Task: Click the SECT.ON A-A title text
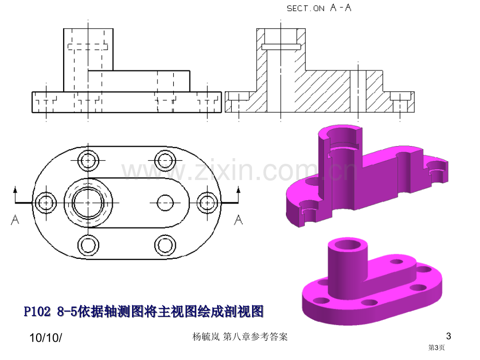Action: point(319,8)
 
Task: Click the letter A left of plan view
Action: point(15,220)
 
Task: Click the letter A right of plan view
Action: point(238,220)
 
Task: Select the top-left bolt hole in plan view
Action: point(88,160)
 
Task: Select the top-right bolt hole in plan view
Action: point(165,160)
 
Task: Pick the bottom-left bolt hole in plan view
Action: point(88,245)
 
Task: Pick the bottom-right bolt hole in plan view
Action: point(165,245)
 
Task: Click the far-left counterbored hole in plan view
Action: point(46,202)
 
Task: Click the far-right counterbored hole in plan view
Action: point(207,202)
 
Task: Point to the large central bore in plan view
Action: point(88,202)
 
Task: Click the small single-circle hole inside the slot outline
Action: point(165,202)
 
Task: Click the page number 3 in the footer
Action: point(449,336)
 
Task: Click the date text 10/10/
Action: point(45,338)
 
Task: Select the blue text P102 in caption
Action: point(37,311)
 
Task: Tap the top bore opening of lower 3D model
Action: point(348,244)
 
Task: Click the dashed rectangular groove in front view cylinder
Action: point(88,47)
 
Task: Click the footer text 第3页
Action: point(436,347)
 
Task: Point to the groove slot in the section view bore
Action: point(281,47)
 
